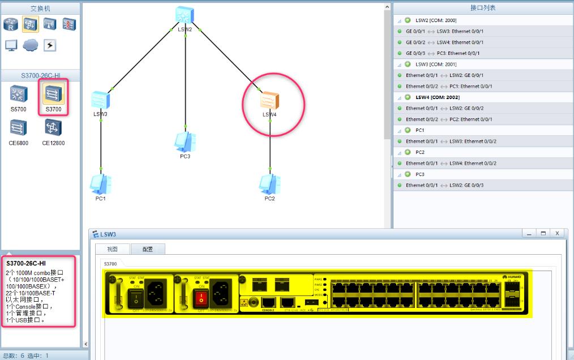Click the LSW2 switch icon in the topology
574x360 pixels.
pos(185,15)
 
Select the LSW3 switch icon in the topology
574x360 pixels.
pos(100,100)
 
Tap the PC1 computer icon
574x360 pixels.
pos(101,183)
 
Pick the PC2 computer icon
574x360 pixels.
pos(269,183)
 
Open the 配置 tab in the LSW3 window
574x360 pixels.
pos(147,249)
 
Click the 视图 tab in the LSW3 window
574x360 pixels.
pos(112,249)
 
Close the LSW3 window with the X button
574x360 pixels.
pos(557,233)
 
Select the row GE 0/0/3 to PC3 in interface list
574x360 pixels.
pos(444,53)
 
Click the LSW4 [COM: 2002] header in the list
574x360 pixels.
pos(437,97)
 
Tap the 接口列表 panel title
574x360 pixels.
pos(483,8)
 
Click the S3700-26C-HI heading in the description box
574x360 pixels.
pos(26,264)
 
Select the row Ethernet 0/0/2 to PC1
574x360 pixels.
pos(449,87)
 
